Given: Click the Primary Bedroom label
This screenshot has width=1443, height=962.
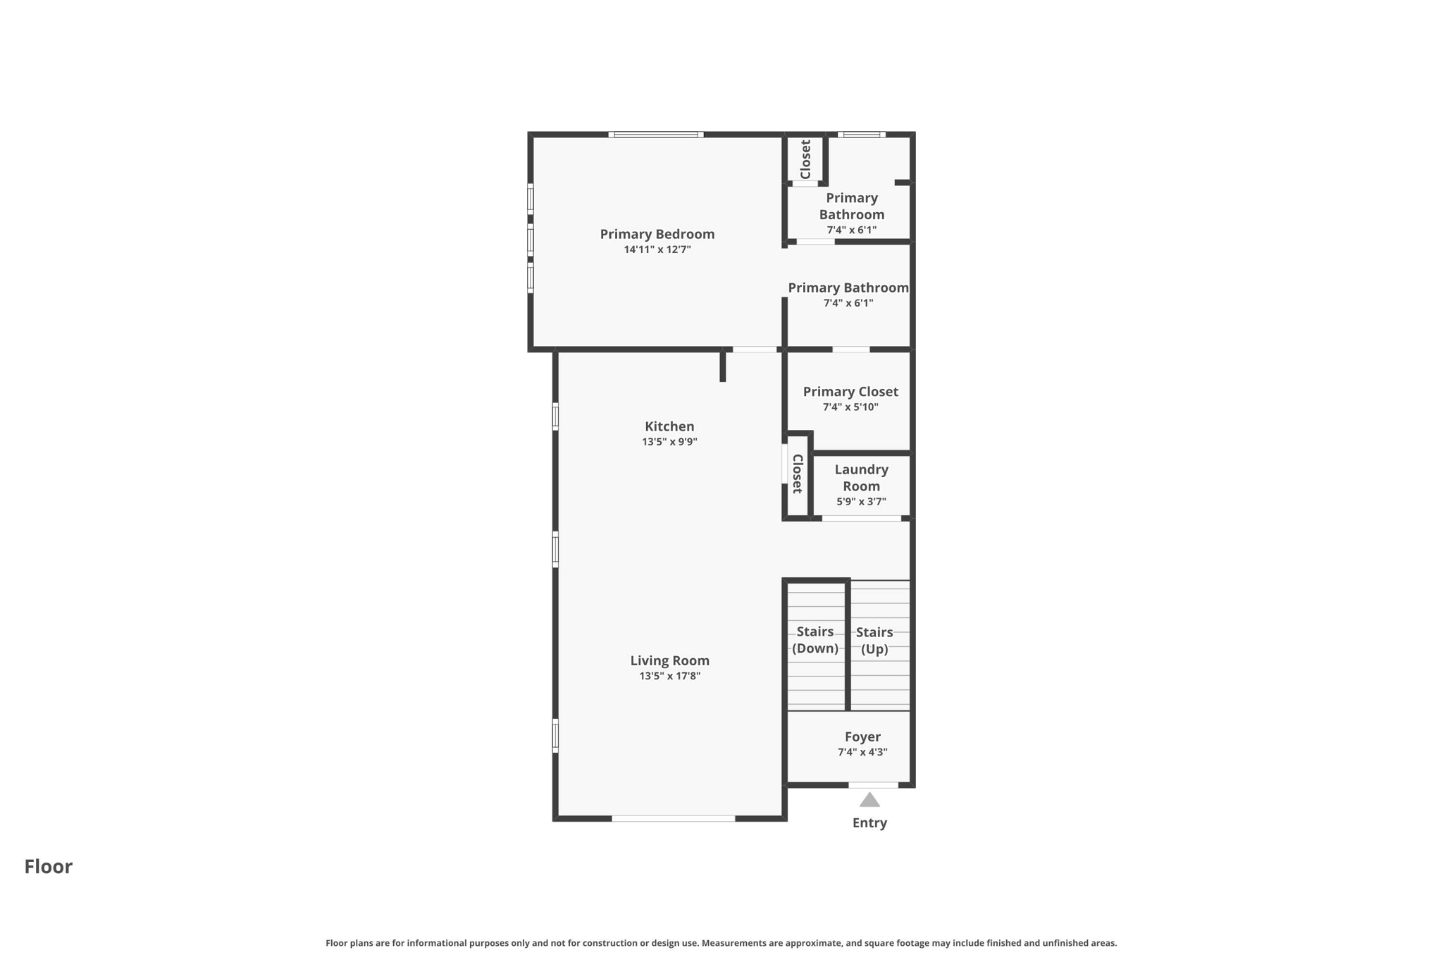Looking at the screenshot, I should [657, 234].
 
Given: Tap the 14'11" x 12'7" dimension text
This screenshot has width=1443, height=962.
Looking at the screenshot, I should [657, 249].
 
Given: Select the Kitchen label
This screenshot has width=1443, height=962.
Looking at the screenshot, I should [669, 426].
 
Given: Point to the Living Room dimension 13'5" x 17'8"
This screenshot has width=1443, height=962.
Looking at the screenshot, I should [669, 676].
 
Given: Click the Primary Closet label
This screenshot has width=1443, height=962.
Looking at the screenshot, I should [850, 392].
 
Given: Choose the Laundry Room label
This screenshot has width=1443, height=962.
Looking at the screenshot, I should [861, 478].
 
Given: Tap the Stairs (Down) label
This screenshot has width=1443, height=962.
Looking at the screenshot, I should [815, 640].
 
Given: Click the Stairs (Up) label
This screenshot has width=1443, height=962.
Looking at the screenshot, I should [874, 641].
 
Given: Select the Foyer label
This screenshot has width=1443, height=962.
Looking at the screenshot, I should [862, 736].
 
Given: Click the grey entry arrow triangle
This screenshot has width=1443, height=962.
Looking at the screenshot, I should [869, 801].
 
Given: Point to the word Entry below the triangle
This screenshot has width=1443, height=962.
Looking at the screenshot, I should [869, 822].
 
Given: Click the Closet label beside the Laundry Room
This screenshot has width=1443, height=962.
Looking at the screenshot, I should [797, 474].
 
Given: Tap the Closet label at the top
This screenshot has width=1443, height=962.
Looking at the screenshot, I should [805, 159].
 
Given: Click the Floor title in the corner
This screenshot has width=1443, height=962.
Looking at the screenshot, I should [48, 866].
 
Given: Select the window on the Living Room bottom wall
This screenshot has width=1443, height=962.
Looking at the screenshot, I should [673, 818].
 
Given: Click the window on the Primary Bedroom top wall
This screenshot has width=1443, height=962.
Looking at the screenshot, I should [655, 134].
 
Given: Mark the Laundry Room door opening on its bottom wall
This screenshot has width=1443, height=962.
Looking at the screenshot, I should [861, 519].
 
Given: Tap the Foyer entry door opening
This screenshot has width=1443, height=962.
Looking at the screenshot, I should [873, 784].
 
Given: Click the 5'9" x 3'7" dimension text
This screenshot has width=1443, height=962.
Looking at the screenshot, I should [861, 502].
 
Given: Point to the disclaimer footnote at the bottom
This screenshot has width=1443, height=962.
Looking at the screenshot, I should [721, 943].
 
